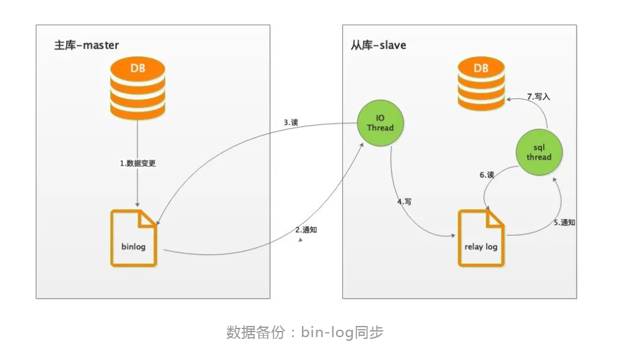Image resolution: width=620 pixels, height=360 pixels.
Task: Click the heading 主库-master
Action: click(86, 45)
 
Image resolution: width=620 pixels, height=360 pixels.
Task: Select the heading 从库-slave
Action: click(379, 45)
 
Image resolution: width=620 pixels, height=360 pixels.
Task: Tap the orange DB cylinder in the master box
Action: click(137, 88)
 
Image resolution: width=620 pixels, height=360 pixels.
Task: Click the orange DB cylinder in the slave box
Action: click(481, 84)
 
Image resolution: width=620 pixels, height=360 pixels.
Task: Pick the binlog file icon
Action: click(134, 238)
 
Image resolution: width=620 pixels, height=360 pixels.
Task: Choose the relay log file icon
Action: click(481, 238)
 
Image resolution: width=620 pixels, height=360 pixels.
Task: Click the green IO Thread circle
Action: click(381, 123)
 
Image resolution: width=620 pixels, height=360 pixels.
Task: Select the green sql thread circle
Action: click(539, 152)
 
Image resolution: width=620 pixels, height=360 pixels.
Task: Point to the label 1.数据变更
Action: click(137, 163)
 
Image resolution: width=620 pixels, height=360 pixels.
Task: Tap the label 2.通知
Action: click(306, 229)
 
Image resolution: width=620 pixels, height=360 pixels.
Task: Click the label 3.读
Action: click(291, 122)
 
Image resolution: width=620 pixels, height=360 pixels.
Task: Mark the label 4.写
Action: click(405, 202)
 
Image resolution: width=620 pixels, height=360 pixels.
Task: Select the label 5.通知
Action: click(564, 223)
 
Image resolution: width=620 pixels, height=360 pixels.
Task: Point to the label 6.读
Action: click(487, 174)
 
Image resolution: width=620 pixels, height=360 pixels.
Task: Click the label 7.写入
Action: click(538, 96)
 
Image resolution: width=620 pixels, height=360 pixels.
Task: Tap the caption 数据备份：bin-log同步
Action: click(305, 332)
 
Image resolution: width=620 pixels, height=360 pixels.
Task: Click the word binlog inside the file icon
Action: click(134, 247)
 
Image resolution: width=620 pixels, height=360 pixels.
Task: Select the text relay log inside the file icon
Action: click(481, 247)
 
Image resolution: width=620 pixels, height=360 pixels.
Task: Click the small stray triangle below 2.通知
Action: click(301, 239)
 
